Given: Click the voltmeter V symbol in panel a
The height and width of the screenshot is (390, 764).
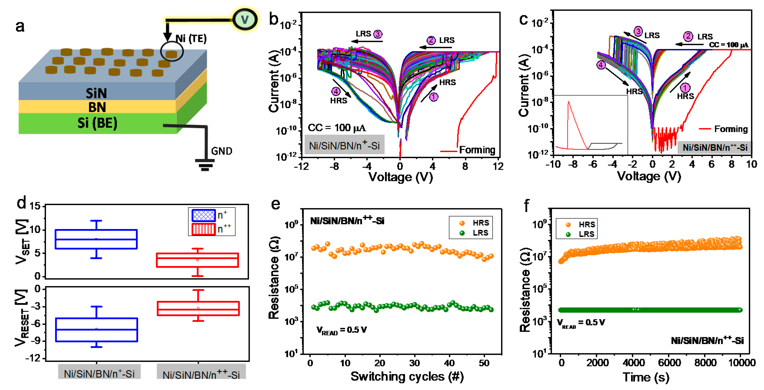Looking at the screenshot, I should point(245,20).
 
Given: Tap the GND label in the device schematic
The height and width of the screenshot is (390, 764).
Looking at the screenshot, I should point(222,151).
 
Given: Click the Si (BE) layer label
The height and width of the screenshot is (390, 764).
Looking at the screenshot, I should point(97,123).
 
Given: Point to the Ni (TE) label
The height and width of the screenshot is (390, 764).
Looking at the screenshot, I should point(191,38).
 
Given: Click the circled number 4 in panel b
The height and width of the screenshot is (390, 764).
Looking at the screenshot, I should point(336,91).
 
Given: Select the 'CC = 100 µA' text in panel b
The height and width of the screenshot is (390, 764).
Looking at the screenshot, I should point(337,128).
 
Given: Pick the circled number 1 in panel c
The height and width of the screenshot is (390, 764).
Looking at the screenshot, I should point(685,88).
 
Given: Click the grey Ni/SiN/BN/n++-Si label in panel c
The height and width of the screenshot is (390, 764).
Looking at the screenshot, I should point(715,147).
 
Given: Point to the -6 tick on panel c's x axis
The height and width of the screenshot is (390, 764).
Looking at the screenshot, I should point(593,164).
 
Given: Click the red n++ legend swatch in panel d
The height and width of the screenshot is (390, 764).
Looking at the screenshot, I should point(203,229).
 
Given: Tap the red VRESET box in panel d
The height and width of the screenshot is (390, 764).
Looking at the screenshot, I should point(198,309).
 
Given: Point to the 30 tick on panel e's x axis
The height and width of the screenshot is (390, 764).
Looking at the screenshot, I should point(414,363).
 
